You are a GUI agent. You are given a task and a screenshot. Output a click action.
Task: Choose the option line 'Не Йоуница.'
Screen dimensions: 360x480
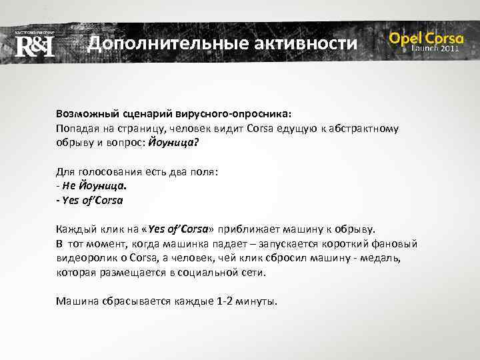(x=95, y=185)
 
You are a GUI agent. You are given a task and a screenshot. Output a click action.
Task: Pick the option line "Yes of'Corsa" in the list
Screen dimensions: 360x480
(x=93, y=200)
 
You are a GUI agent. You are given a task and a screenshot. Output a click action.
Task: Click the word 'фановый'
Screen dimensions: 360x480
(x=399, y=243)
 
